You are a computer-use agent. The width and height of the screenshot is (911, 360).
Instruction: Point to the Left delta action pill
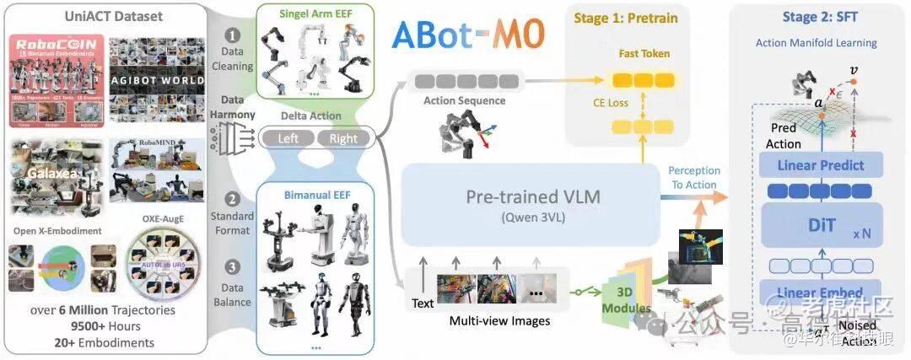287,138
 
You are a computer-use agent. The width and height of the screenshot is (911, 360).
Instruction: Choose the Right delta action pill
343,138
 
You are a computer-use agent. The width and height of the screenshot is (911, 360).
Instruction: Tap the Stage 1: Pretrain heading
625,18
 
